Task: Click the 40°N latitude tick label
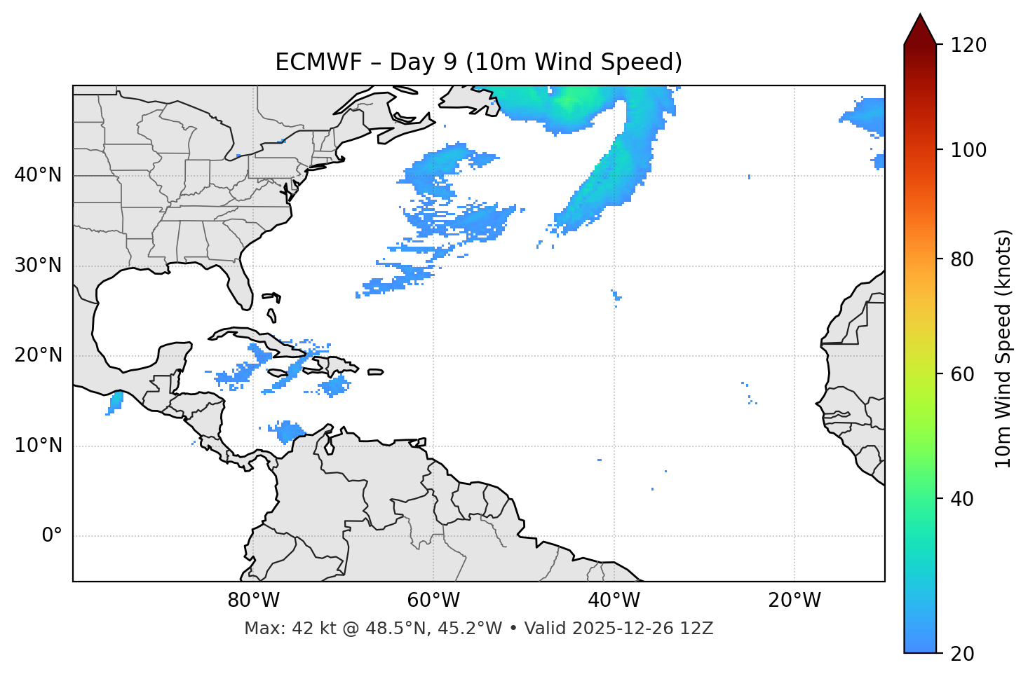tap(38, 175)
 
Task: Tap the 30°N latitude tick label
tap(38, 266)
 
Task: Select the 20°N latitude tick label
tap(38, 355)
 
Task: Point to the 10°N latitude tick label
tap(38, 446)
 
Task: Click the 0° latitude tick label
tap(51, 536)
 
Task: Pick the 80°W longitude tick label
tap(253, 601)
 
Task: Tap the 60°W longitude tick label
tap(433, 601)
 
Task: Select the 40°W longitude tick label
tap(614, 601)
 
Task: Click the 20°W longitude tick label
tap(794, 601)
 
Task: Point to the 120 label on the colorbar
tap(968, 46)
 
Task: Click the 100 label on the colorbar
tap(968, 150)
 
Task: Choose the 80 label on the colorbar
tap(961, 259)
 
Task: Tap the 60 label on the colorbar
tap(961, 374)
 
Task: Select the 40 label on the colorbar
tap(961, 499)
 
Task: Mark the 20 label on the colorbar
tap(961, 654)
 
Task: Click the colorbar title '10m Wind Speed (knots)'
tap(1003, 348)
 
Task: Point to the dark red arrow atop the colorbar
tap(920, 29)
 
